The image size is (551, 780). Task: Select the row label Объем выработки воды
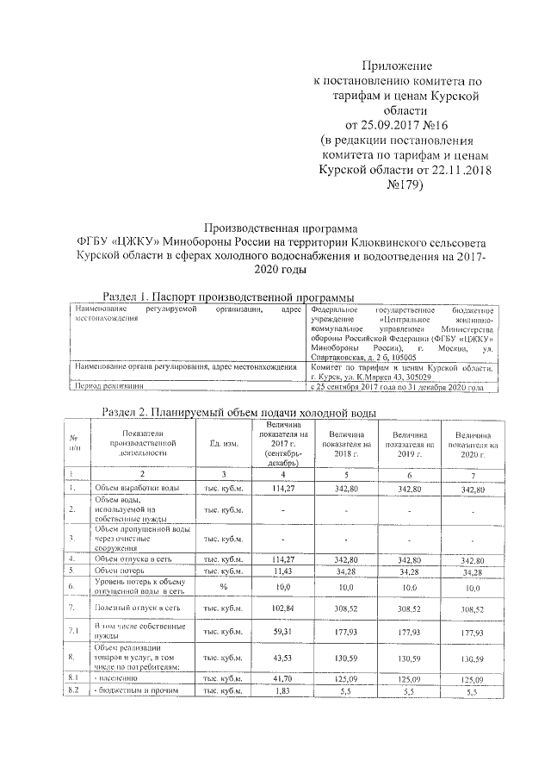click(x=136, y=490)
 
